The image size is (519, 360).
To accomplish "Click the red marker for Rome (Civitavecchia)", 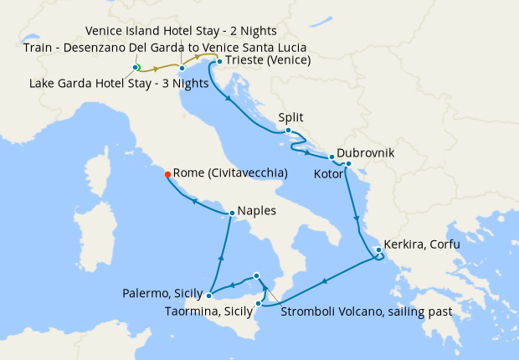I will pos(167,174).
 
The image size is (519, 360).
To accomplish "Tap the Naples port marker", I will pos(231,213).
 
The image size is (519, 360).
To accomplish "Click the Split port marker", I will pos(288,131).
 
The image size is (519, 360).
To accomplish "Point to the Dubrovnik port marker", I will pos(332,157).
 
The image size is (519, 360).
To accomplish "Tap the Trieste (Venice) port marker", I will pos(219,62).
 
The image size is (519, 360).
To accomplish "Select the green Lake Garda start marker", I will pos(136,67).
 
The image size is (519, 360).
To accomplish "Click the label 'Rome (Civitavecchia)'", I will pos(230,173).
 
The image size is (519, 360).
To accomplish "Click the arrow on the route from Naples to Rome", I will pos(194,201).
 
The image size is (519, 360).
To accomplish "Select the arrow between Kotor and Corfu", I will pos(357,219).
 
